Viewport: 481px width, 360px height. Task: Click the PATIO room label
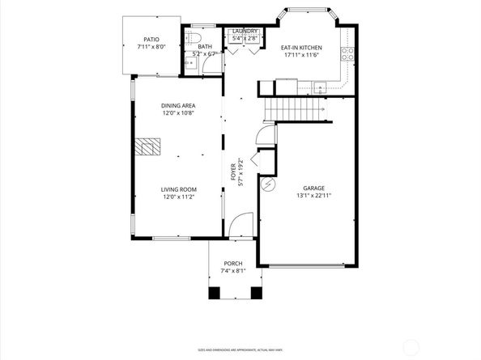click(x=151, y=39)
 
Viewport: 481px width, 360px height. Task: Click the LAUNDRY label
click(x=245, y=31)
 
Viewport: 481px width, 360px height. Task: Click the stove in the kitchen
click(x=347, y=55)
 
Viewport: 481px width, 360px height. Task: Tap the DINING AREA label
click(x=178, y=106)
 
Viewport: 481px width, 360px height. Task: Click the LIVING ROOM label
click(x=180, y=189)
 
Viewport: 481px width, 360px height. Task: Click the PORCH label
click(x=233, y=263)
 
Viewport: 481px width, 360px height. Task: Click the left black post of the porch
click(x=214, y=293)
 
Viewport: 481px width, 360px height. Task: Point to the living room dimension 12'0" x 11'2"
click(x=180, y=197)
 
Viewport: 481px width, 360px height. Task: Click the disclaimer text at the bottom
click(x=240, y=349)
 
